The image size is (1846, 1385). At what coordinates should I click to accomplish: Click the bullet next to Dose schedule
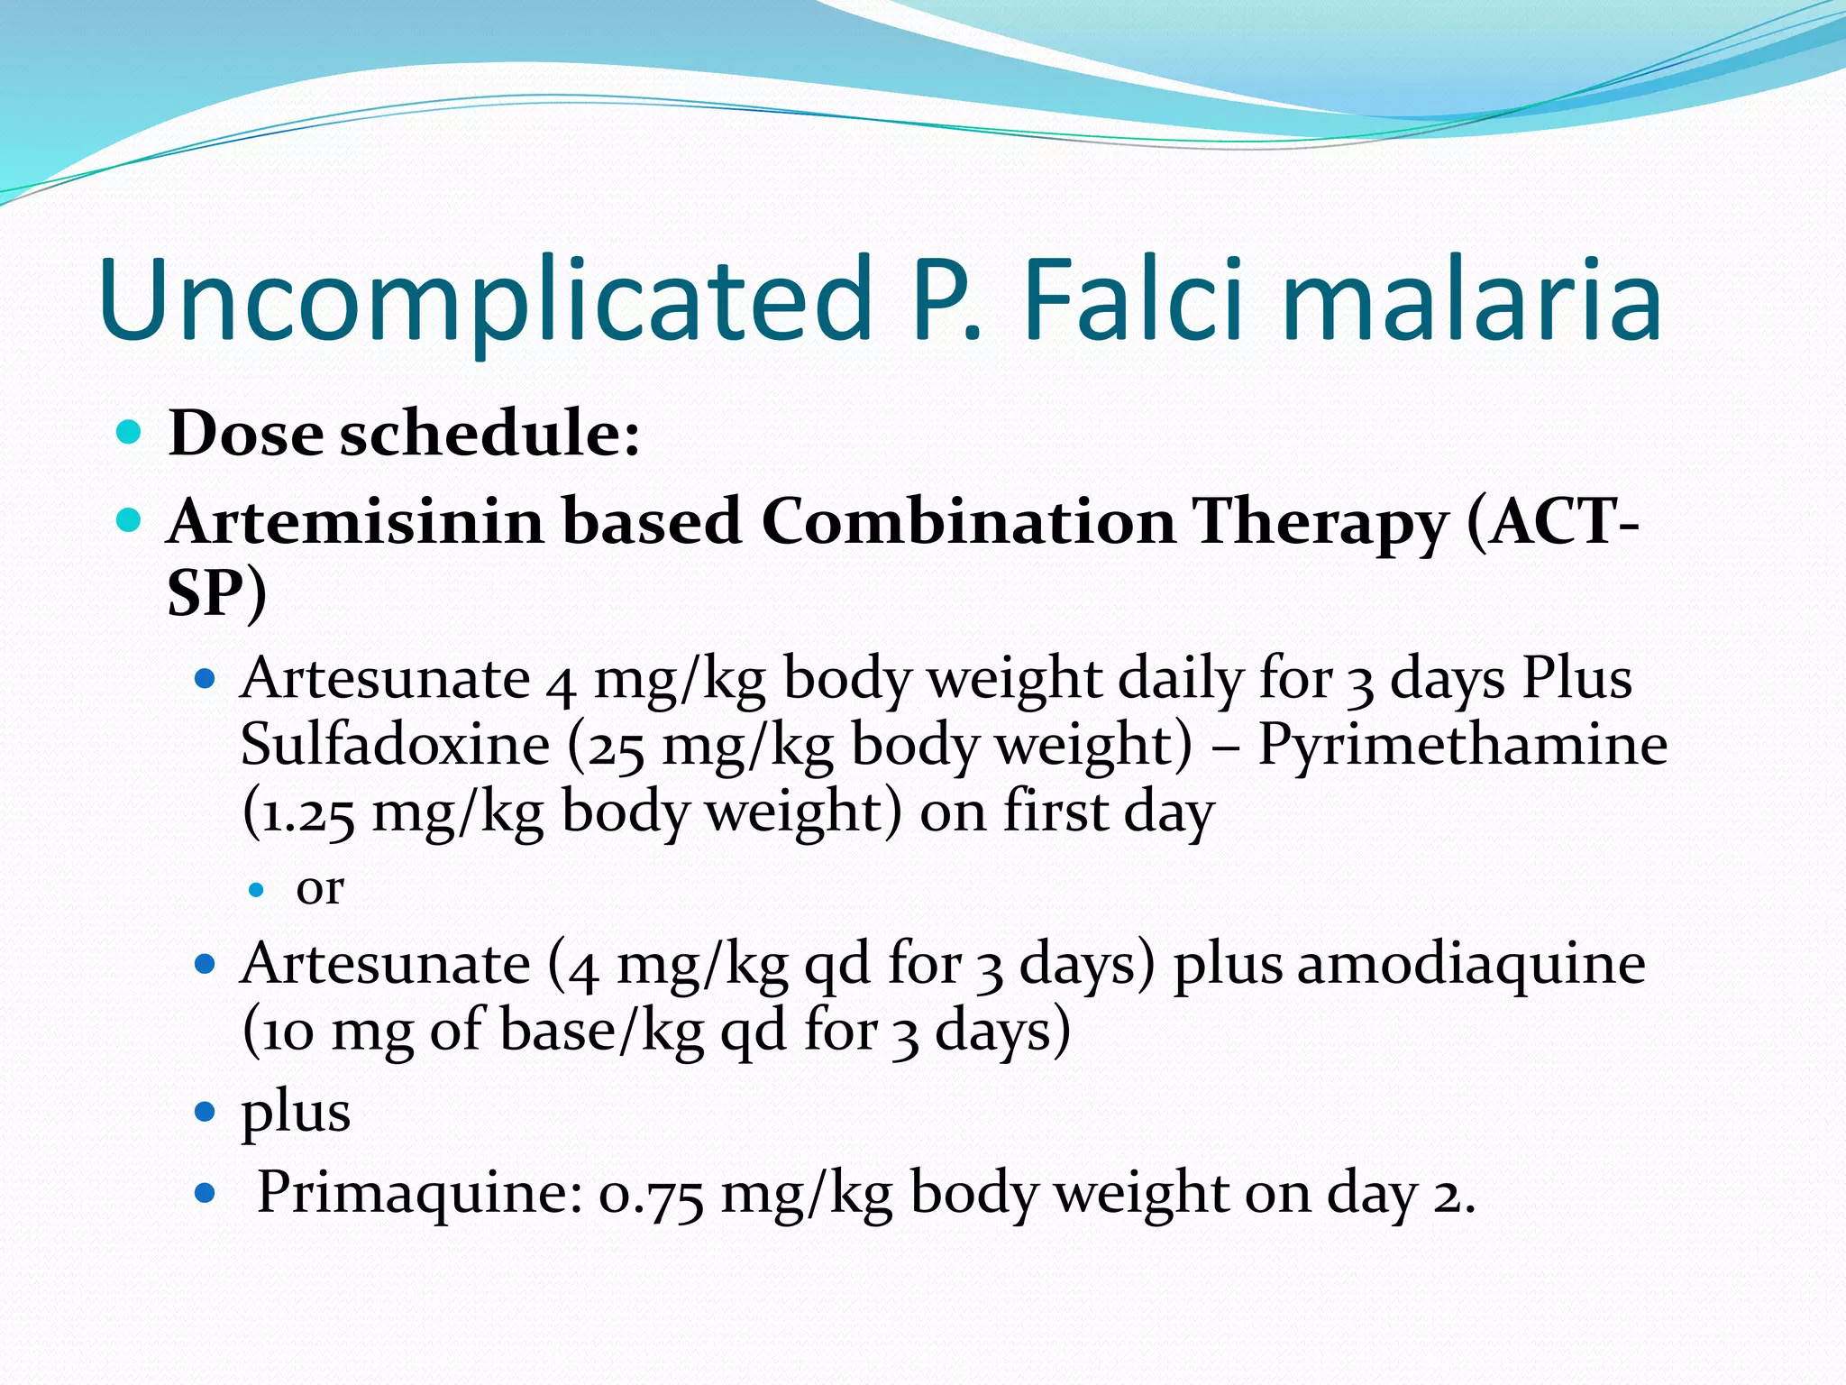point(130,433)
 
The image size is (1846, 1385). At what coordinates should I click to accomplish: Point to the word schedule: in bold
point(489,435)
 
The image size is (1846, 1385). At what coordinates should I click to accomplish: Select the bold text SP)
point(216,595)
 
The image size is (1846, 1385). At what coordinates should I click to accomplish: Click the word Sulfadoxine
point(395,745)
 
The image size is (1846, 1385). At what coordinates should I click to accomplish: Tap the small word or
point(320,889)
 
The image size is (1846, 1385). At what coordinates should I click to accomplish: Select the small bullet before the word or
point(257,890)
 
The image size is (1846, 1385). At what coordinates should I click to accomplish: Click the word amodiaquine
point(1470,964)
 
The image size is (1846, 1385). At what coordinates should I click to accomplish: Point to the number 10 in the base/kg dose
point(288,1032)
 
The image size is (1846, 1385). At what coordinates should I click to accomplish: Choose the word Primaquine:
point(420,1194)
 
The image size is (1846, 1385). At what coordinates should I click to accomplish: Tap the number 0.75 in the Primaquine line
point(650,1194)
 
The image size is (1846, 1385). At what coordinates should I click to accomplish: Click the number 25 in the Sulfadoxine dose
point(616,747)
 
